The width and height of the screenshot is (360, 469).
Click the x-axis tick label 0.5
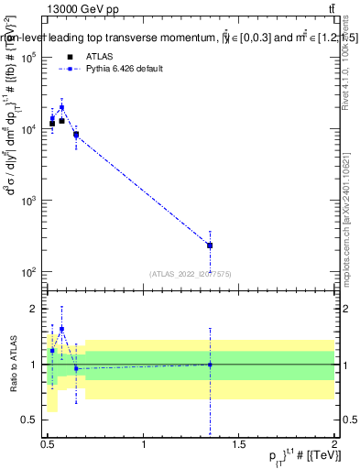[48, 444]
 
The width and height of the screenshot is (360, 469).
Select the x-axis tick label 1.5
[239, 444]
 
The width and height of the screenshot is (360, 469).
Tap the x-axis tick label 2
[334, 444]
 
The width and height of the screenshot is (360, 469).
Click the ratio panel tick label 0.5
[32, 420]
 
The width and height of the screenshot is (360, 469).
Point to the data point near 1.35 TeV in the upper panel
[211, 245]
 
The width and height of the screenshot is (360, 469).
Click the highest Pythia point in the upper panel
[61, 107]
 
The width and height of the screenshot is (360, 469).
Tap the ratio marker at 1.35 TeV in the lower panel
[211, 365]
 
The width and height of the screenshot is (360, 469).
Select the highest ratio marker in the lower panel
[61, 329]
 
